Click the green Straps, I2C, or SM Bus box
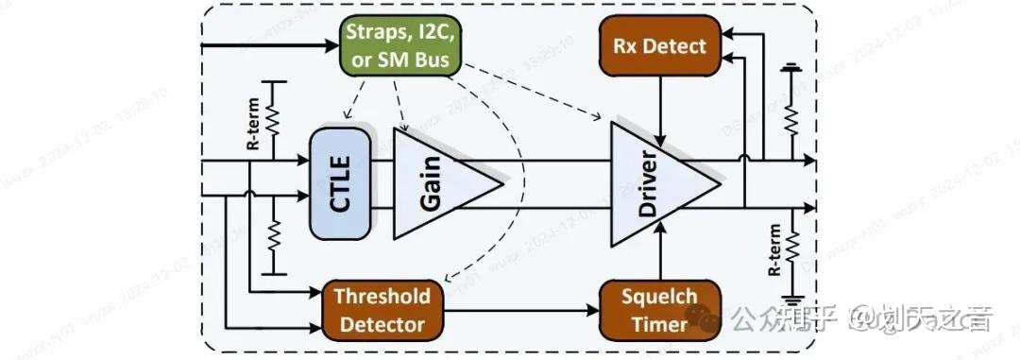[x=400, y=46]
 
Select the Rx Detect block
[x=653, y=46]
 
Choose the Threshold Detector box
[x=383, y=310]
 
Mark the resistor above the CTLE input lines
[x=273, y=118]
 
